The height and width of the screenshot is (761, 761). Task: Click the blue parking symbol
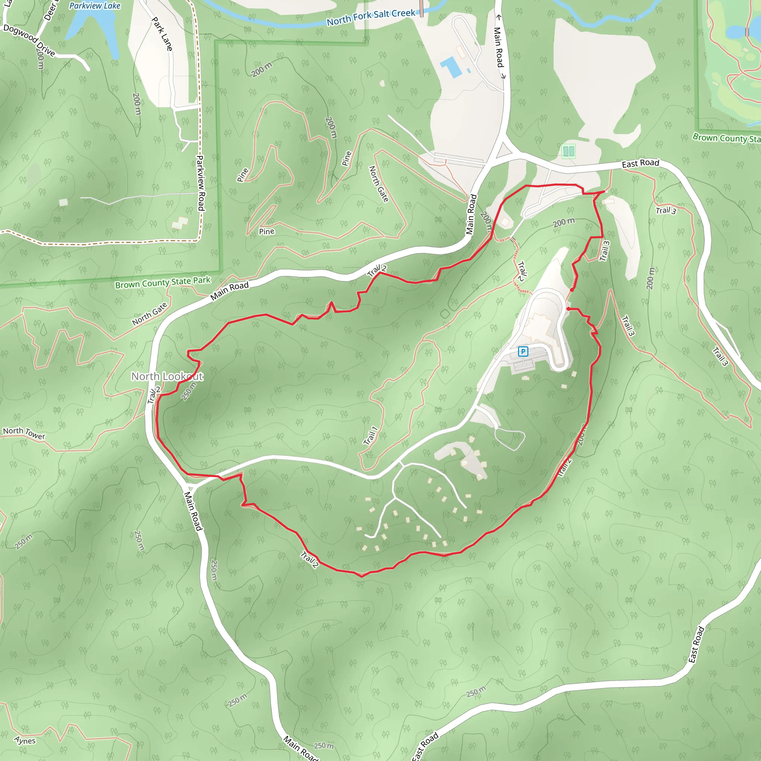(x=523, y=352)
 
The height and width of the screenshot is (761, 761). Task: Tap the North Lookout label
(x=167, y=376)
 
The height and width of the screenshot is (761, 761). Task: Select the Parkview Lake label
(x=94, y=6)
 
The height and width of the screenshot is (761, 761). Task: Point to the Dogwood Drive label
(x=29, y=40)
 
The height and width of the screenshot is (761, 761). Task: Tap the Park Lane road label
(x=162, y=34)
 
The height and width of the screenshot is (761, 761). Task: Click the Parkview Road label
(x=201, y=183)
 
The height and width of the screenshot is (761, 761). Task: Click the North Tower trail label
(x=24, y=433)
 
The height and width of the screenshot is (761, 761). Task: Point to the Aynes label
(x=25, y=741)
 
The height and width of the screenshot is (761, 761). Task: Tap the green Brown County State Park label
(x=163, y=282)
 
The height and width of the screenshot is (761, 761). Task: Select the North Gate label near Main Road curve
(x=150, y=314)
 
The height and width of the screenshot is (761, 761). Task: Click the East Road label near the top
(x=640, y=163)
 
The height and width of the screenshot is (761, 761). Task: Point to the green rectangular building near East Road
(x=569, y=151)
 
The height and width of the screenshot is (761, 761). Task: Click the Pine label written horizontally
(x=267, y=231)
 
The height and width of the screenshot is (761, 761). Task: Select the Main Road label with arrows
(x=499, y=46)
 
